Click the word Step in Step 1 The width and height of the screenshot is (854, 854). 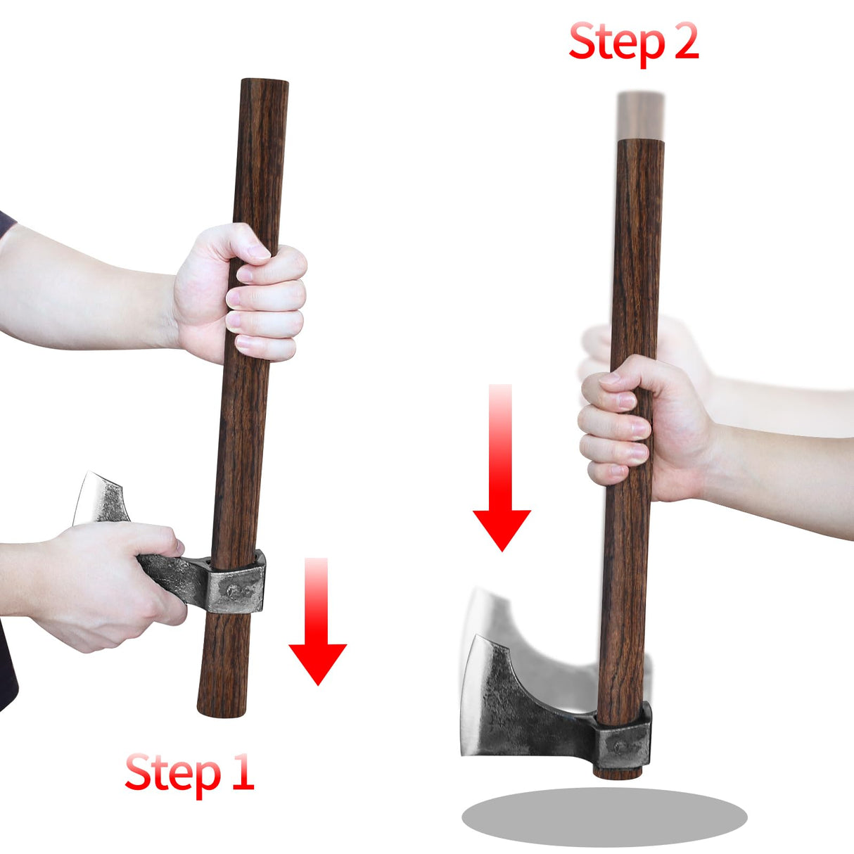172,774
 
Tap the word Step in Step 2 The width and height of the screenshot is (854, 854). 616,42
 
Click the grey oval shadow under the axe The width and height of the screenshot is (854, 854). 604,817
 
